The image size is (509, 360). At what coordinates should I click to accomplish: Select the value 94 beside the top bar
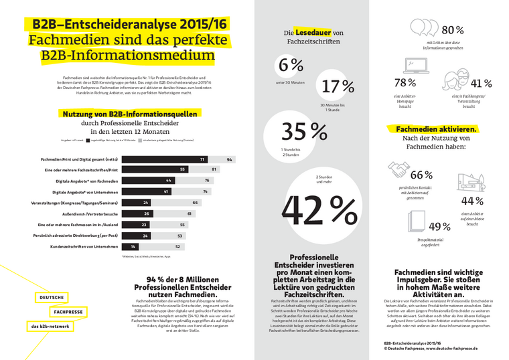[x=229, y=160]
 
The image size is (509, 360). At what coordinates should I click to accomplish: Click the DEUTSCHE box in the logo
[x=51, y=297]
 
